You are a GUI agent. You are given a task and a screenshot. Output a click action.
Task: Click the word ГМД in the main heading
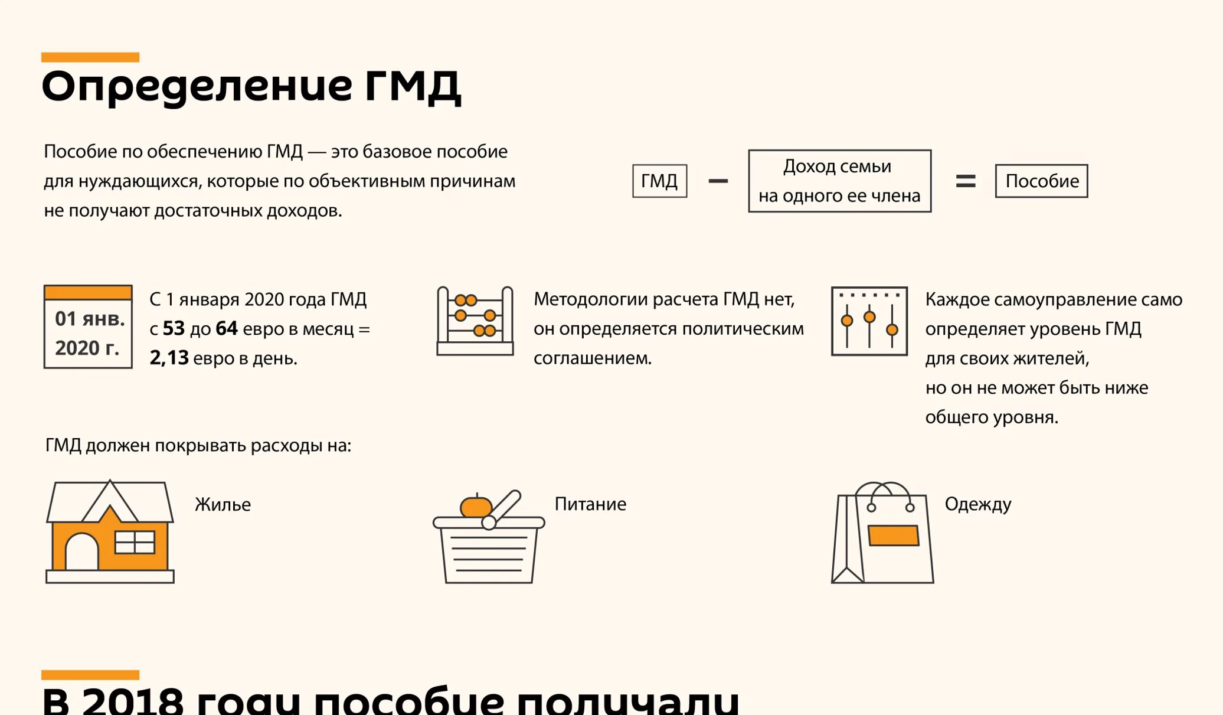(412, 87)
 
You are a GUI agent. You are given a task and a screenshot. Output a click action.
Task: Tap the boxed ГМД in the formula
(659, 181)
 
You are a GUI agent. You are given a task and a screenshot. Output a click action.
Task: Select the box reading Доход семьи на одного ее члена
(839, 181)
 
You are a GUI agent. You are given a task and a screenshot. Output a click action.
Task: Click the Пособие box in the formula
(1041, 181)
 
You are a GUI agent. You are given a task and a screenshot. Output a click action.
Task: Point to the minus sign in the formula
(718, 181)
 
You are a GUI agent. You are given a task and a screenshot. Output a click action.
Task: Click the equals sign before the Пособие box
(965, 181)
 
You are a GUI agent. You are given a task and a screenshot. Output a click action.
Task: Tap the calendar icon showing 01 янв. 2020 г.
(88, 327)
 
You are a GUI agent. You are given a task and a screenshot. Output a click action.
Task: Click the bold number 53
(174, 329)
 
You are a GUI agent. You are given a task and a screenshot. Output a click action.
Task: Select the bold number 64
(227, 329)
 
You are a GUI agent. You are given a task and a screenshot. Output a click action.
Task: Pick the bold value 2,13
(169, 358)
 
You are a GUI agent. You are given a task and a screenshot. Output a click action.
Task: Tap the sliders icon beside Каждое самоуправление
(869, 321)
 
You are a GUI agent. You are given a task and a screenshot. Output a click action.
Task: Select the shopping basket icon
(489, 538)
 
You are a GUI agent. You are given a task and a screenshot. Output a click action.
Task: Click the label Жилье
(223, 505)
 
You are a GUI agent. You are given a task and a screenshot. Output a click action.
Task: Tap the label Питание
(590, 504)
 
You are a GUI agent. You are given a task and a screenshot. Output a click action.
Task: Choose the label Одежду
(977, 504)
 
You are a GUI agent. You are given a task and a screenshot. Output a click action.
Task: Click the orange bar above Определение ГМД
(90, 57)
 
